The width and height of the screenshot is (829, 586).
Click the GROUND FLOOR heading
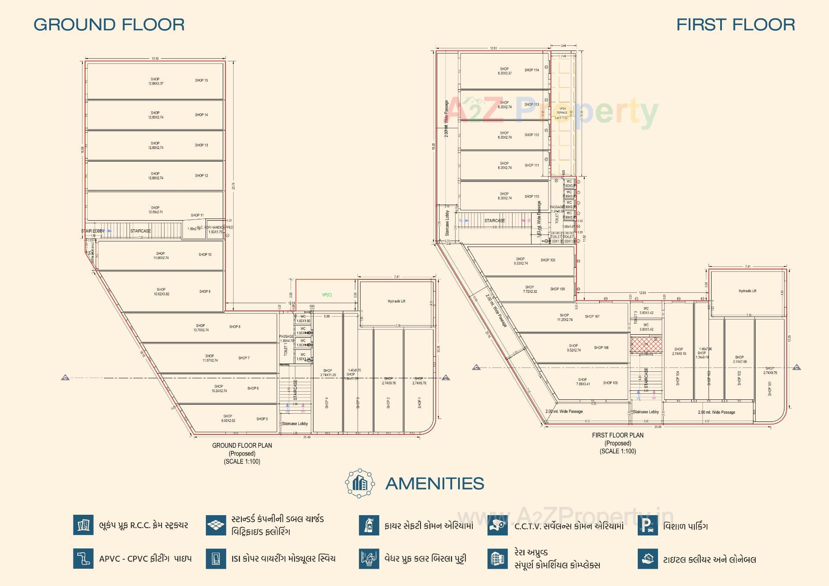click(x=109, y=25)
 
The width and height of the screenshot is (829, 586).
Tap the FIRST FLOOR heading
click(x=735, y=25)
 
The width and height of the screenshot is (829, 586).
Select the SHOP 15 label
click(x=201, y=80)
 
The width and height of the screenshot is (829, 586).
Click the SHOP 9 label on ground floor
click(x=205, y=291)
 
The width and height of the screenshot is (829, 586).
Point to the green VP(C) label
click(x=327, y=295)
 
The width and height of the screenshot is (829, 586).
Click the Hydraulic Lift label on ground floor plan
click(x=396, y=301)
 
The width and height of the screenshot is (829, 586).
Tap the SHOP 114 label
click(x=532, y=70)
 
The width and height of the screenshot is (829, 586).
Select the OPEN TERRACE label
click(x=562, y=111)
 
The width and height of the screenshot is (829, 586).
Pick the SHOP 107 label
click(x=592, y=317)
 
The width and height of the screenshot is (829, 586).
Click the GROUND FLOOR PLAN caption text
click(x=242, y=446)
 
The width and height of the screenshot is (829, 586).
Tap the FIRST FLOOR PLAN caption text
click(x=617, y=435)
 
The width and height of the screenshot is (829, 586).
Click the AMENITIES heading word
click(x=434, y=484)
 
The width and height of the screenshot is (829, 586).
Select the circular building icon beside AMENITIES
click(x=360, y=483)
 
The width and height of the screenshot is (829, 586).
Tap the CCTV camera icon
click(x=497, y=526)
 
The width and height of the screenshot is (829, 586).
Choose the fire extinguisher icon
click(x=369, y=526)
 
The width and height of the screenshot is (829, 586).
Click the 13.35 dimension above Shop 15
click(x=155, y=59)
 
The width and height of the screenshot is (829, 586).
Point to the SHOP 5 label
click(x=262, y=419)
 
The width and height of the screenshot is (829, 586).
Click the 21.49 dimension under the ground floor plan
click(x=307, y=437)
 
